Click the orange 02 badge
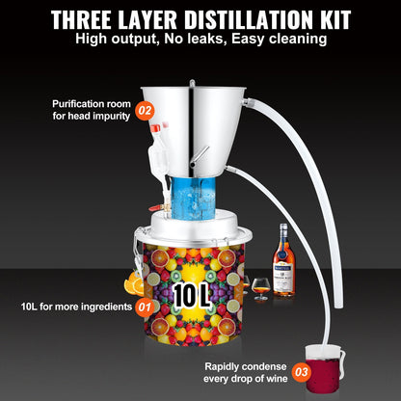pos(146,109)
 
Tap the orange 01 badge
pos(145,307)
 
